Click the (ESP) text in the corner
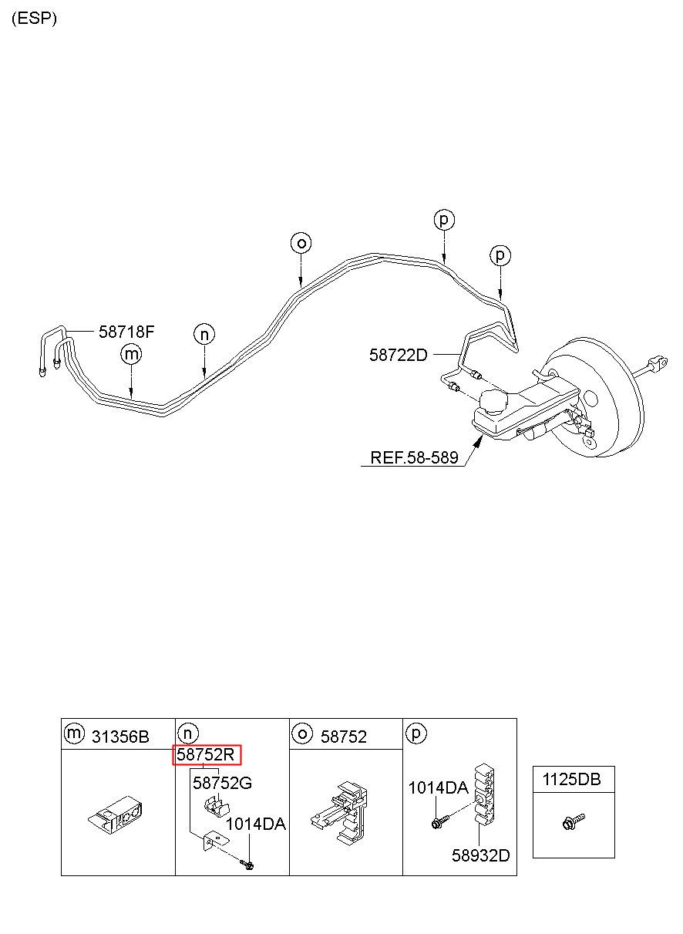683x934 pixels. click(x=34, y=19)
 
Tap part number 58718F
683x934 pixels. click(x=126, y=332)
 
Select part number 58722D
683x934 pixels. click(x=397, y=355)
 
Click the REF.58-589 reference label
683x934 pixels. click(x=414, y=457)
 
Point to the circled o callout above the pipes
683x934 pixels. click(x=301, y=243)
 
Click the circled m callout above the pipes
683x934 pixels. click(x=132, y=354)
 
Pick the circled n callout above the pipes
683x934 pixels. click(x=204, y=334)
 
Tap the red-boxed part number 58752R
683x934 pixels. click(x=207, y=755)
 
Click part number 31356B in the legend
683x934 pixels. click(x=120, y=737)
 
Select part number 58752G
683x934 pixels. click(x=222, y=784)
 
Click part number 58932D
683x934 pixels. click(x=481, y=855)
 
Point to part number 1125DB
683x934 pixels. click(x=572, y=780)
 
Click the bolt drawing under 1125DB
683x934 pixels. click(x=574, y=822)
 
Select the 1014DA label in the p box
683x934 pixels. click(x=438, y=787)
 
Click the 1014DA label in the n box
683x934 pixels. click(x=255, y=824)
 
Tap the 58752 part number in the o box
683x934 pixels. click(x=344, y=737)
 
